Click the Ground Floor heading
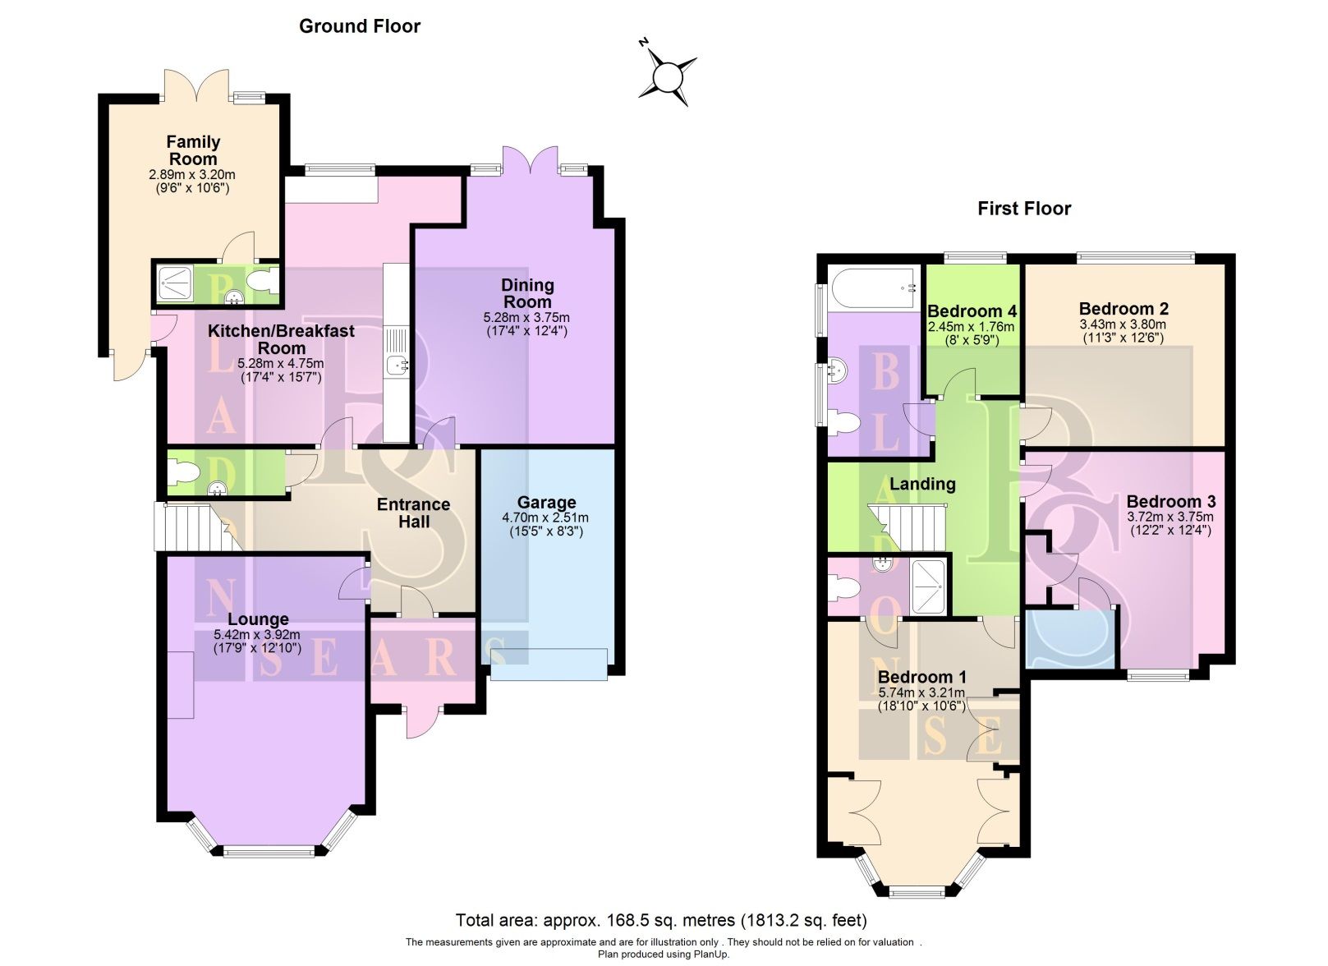(359, 26)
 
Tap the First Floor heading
(1023, 209)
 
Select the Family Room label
(193, 150)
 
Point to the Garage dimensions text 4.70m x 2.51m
(545, 518)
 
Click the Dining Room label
(527, 293)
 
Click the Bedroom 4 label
(972, 311)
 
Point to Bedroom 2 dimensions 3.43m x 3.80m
(1123, 324)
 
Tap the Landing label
(922, 484)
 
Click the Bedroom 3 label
(1169, 502)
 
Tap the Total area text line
(661, 920)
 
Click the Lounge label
(258, 619)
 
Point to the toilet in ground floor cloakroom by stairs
(182, 473)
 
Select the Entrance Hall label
(413, 513)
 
